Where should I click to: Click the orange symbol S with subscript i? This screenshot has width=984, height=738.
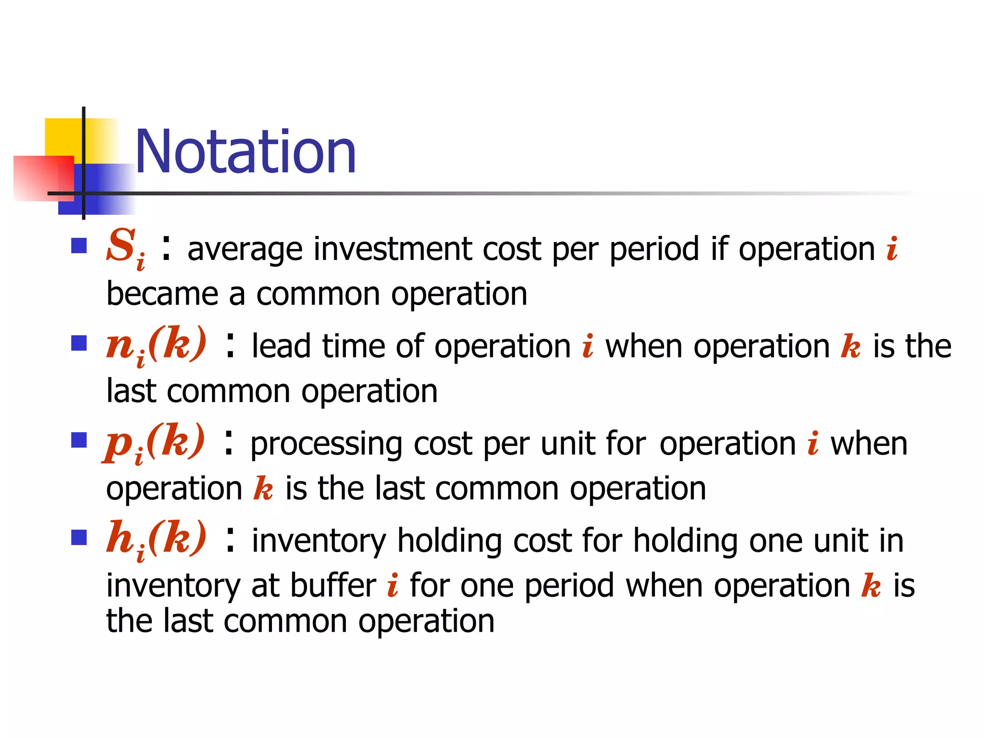125,248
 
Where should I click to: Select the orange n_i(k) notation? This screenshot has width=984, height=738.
156,344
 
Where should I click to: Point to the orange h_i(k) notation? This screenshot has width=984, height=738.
156,539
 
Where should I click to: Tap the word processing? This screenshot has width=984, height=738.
326,444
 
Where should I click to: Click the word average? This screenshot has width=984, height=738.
245,250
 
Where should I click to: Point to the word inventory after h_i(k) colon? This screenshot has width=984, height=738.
319,541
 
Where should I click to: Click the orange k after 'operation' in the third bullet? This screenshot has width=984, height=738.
263,489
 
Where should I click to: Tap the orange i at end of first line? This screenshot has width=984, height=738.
892,249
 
